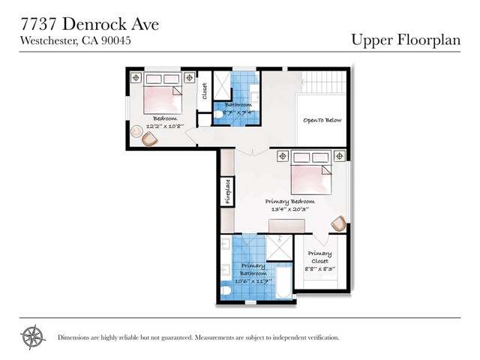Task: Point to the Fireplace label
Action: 227,190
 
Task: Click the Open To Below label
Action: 322,120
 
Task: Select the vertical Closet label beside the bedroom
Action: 204,91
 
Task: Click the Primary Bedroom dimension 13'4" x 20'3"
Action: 290,210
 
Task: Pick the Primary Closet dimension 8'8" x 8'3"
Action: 320,268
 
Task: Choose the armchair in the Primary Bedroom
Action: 339,223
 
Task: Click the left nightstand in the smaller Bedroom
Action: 136,78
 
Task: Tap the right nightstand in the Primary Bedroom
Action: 340,156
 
